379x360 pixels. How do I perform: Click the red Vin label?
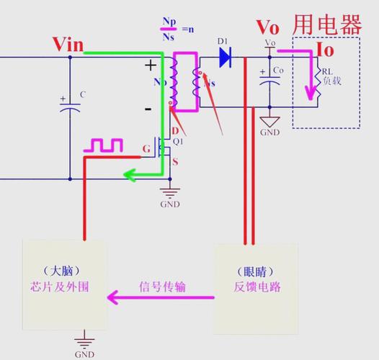68,45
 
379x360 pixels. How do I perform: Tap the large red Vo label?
268,27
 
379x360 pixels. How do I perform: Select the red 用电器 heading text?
326,25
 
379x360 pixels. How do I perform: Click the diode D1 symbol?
224,56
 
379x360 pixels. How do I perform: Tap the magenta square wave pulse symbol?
104,146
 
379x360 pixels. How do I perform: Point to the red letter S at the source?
174,162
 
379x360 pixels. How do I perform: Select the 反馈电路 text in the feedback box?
257,287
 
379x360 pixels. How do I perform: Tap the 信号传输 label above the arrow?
162,285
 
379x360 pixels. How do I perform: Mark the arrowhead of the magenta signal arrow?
112,296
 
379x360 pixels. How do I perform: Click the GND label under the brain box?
84,354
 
